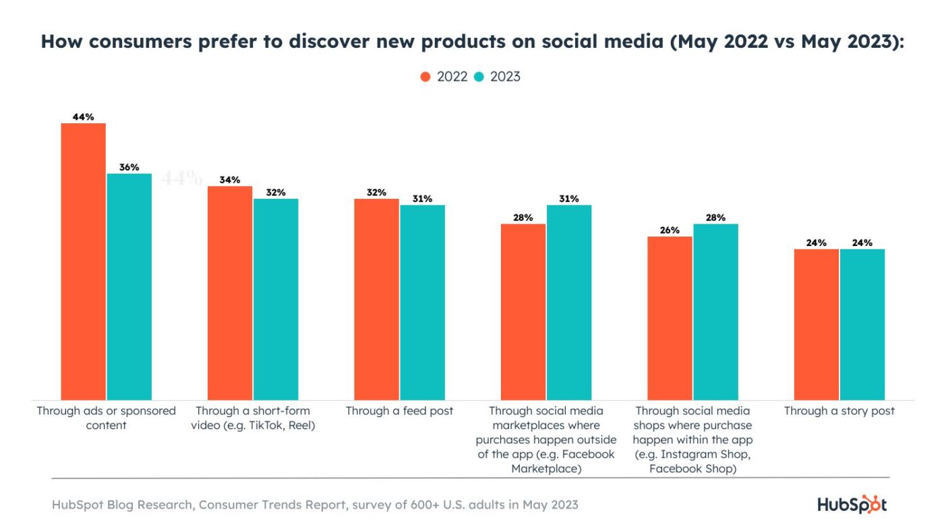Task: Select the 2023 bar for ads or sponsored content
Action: (x=129, y=286)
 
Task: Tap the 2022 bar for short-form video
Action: (x=230, y=293)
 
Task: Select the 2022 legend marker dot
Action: (x=425, y=77)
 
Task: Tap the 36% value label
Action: (x=129, y=167)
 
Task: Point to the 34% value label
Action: (x=230, y=180)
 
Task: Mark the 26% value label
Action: (x=670, y=230)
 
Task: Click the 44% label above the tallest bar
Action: (x=83, y=117)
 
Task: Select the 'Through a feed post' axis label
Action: (x=399, y=410)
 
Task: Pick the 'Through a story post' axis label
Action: (x=839, y=410)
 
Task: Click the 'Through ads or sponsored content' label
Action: (x=106, y=418)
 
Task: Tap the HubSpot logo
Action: (x=852, y=504)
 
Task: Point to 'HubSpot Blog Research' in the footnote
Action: (x=114, y=505)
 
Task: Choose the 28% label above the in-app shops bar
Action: (x=715, y=218)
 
